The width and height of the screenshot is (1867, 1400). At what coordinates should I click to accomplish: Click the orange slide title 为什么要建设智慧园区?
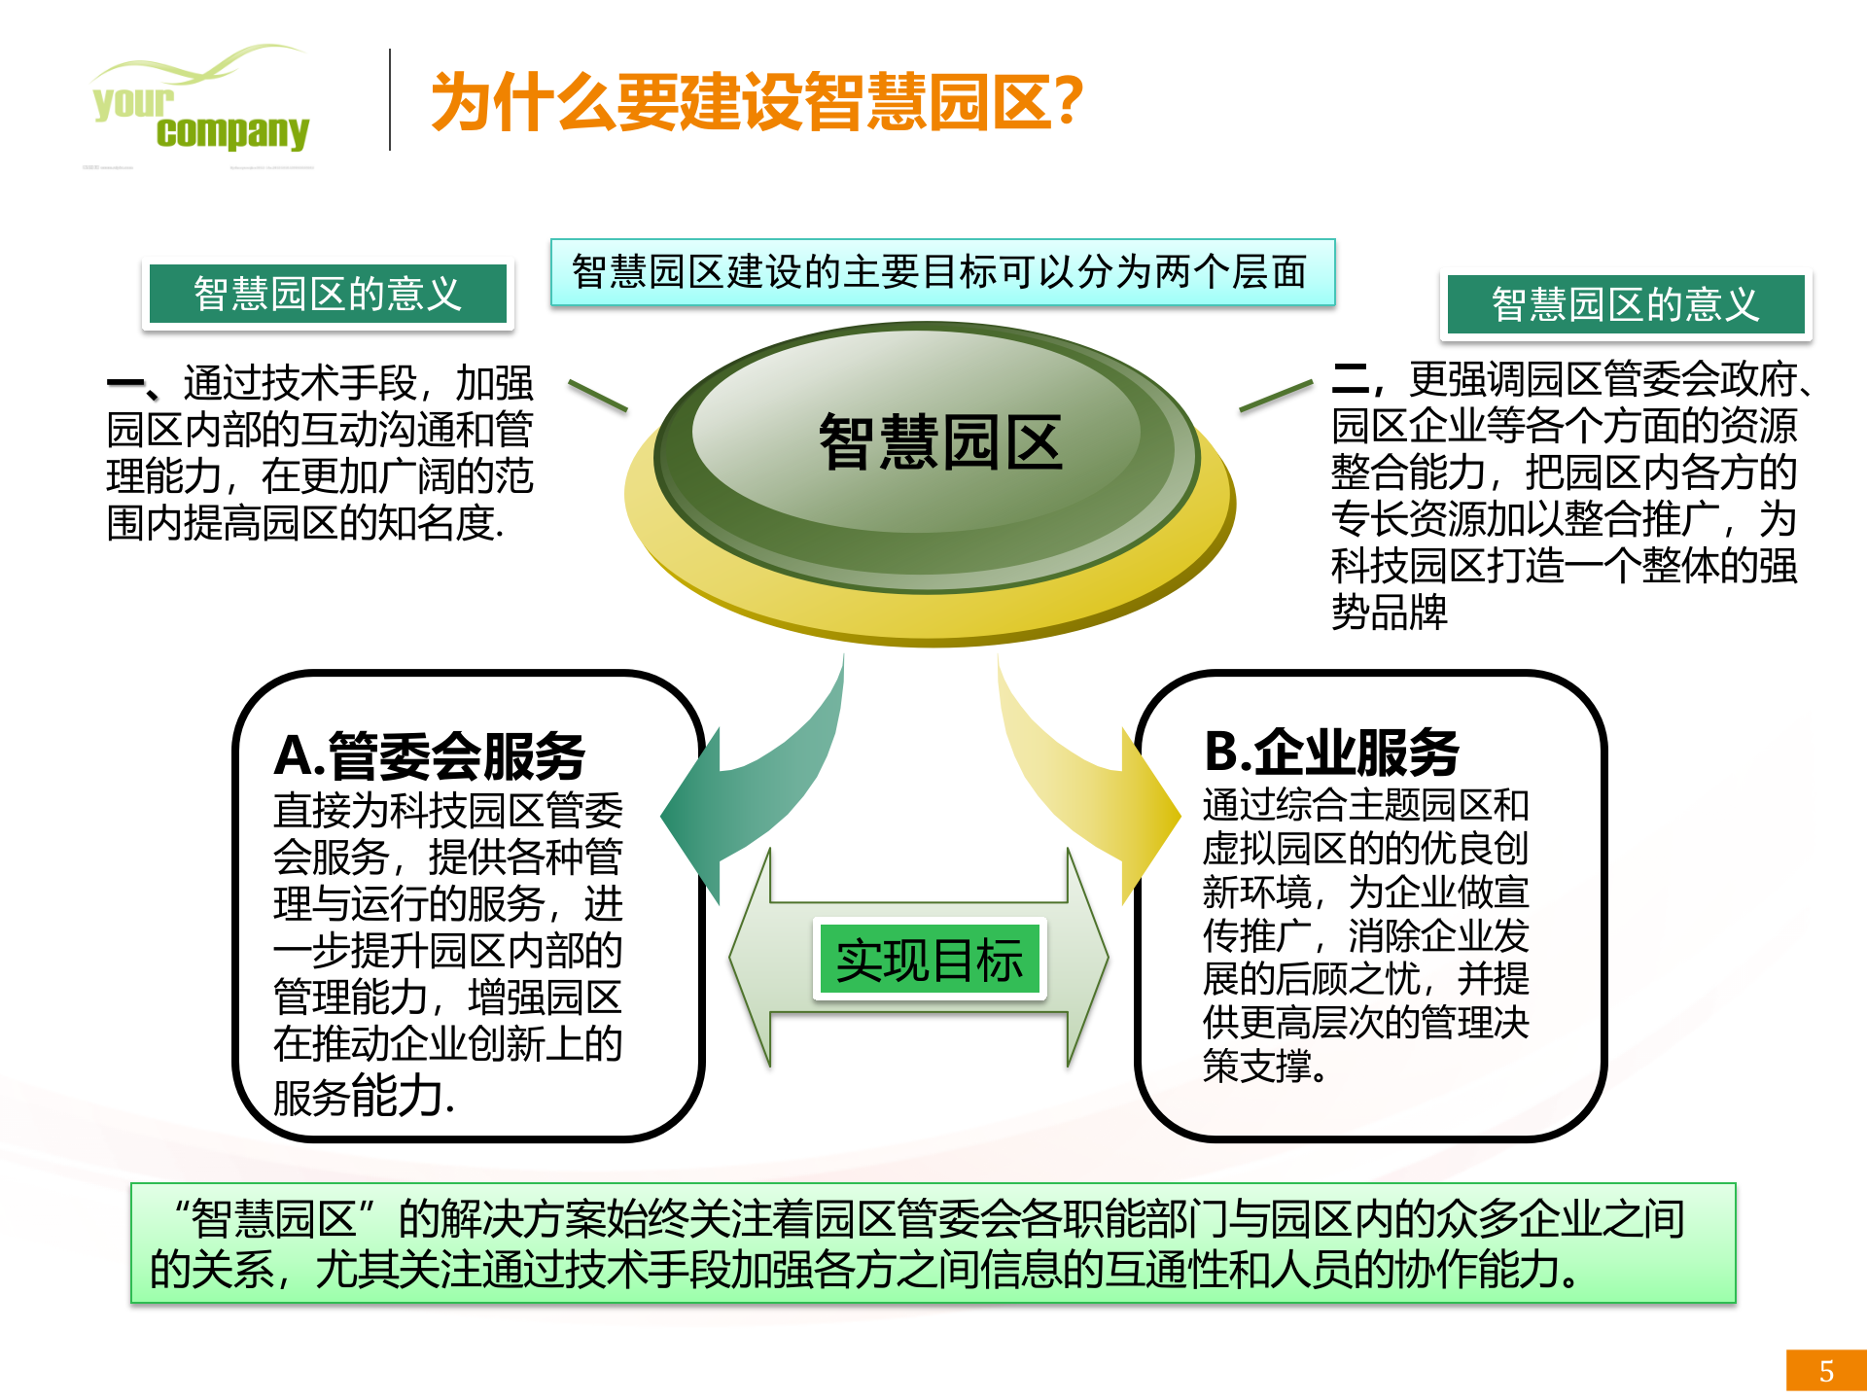[x=757, y=101]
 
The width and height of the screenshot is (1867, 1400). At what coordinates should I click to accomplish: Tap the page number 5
[x=1826, y=1371]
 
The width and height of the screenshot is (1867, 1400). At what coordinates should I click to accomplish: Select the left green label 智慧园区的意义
[x=328, y=294]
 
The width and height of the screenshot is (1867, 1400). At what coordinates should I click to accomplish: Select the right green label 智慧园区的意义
[x=1625, y=304]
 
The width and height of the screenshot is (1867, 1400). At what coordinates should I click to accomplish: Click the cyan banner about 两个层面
[x=941, y=272]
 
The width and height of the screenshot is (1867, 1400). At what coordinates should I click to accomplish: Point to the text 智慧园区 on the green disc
[x=940, y=442]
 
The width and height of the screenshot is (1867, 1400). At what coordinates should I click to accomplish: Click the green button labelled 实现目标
[x=929, y=961]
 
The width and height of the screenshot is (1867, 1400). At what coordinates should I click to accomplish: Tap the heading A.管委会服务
[x=429, y=755]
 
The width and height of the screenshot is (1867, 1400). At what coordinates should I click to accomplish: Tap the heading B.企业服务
[x=1331, y=752]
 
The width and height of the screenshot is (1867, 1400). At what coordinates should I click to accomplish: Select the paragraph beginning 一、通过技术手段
[x=320, y=453]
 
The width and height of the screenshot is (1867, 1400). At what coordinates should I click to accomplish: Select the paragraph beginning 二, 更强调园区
[x=1566, y=496]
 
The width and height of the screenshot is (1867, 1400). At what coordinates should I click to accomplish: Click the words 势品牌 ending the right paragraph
[x=1390, y=612]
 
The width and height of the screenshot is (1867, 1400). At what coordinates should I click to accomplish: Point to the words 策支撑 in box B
[x=1260, y=1067]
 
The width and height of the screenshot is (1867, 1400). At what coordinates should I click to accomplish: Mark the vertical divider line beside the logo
[x=390, y=100]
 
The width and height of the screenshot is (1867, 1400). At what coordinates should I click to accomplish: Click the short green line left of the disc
[x=597, y=396]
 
